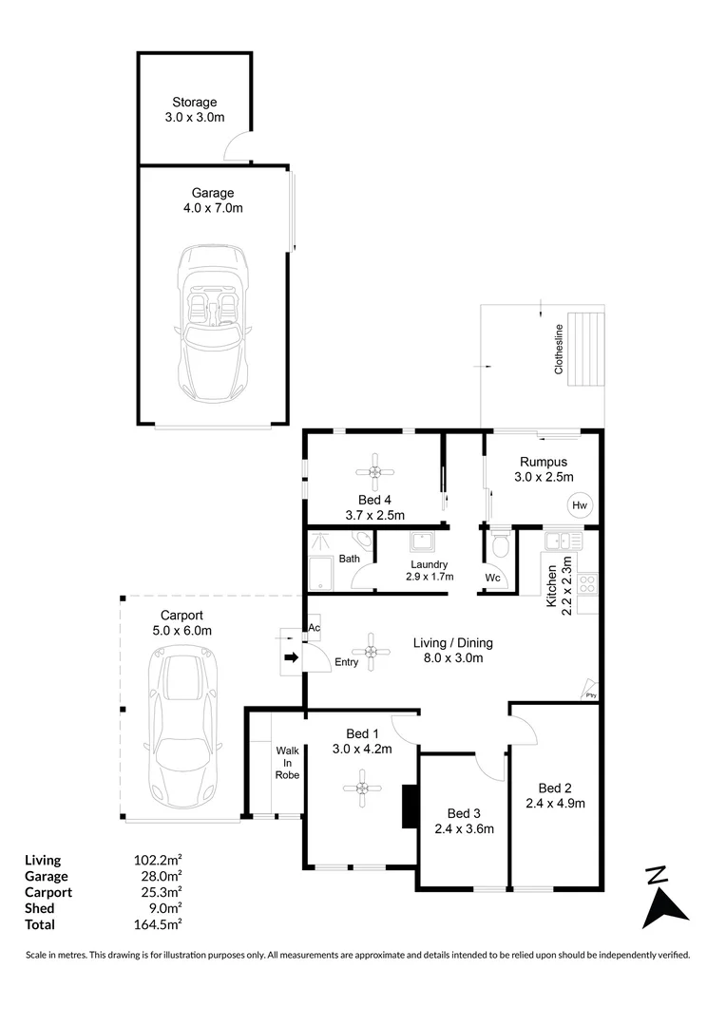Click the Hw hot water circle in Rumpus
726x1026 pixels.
coord(580,505)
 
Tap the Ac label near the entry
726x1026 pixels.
coord(315,629)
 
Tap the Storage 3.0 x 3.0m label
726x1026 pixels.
coord(194,110)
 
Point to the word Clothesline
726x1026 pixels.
coord(560,351)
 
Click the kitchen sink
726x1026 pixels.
coord(557,541)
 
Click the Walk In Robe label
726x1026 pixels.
coord(287,763)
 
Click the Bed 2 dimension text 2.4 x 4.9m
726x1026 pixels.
coord(555,803)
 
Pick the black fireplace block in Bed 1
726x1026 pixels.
coord(410,807)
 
